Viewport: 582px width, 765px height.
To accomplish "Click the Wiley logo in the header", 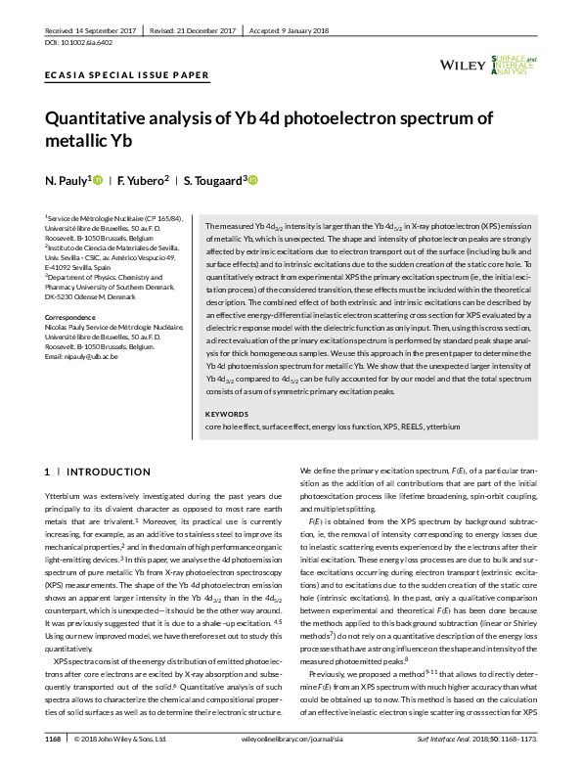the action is point(464,65).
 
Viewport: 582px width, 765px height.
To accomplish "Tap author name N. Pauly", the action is point(67,181).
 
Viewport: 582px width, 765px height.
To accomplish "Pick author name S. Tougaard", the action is point(214,181).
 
